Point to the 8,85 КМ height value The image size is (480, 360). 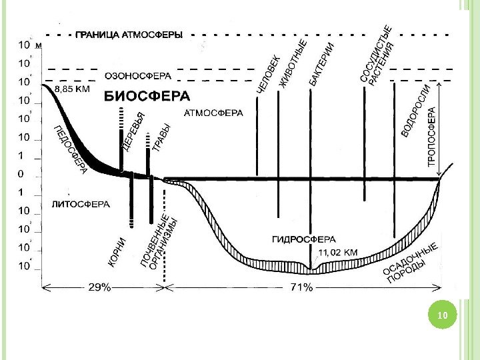pos(73,88)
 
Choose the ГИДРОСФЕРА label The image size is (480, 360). pos(304,238)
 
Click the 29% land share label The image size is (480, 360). pos(101,287)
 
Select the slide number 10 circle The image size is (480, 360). pos(439,314)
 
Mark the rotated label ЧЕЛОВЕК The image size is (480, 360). pos(267,75)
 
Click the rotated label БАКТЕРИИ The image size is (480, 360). pos(322,64)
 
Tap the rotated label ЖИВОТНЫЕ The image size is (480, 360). pos(293,64)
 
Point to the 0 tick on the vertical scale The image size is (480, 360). pos(19,174)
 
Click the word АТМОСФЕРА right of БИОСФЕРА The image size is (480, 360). pos(213,113)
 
